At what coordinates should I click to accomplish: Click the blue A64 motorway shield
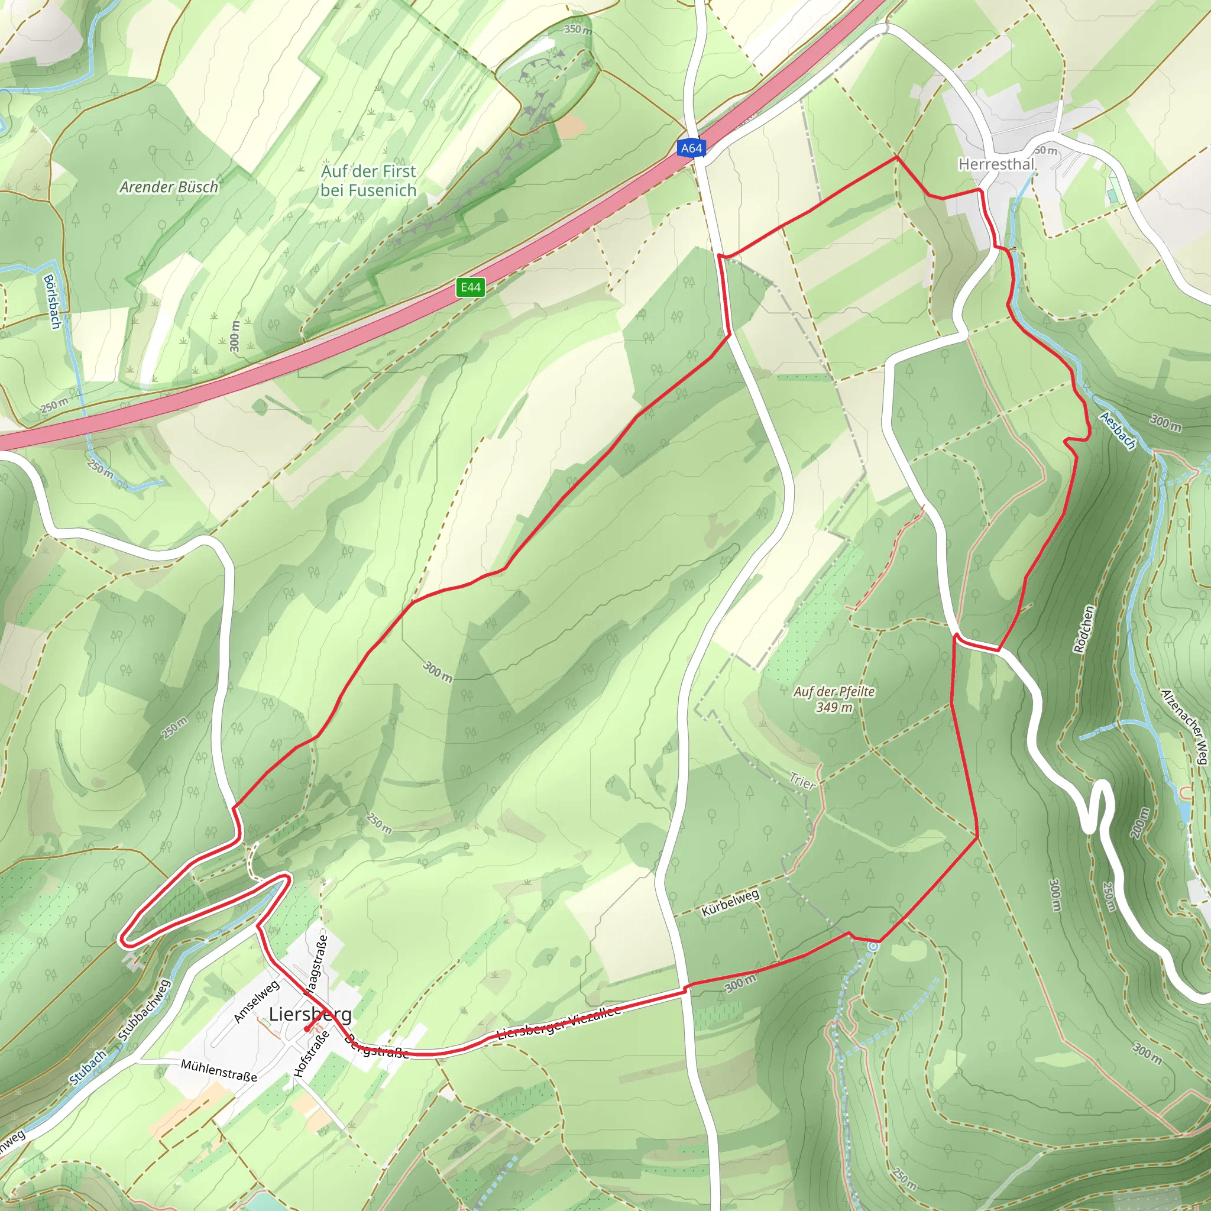691,148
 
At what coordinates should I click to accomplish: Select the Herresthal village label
996,164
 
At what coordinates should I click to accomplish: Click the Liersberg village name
310,1014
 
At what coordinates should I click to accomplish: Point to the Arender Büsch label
169,187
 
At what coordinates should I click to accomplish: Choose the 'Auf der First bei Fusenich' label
368,180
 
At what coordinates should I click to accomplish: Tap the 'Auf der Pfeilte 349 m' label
834,699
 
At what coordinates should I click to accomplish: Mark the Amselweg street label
257,1001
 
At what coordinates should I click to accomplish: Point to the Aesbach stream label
1118,430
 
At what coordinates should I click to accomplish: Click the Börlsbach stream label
52,302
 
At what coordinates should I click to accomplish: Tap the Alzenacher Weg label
1184,727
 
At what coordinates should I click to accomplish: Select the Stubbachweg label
144,1010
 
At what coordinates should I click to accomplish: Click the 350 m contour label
577,30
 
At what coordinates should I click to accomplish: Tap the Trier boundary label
802,782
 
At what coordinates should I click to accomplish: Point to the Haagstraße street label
316,965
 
